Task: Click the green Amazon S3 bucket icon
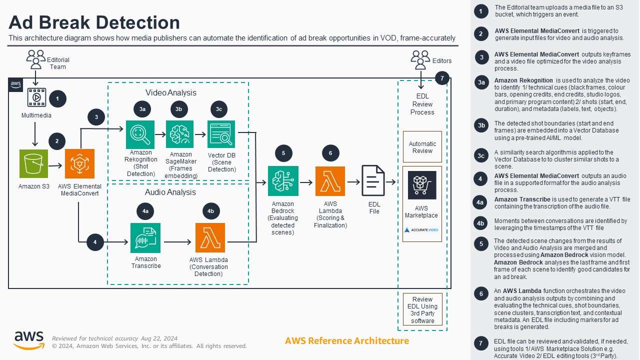(33, 163)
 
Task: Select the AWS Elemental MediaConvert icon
(80, 163)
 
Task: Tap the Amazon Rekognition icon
(140, 134)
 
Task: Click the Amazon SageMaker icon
(180, 134)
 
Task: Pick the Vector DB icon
(221, 134)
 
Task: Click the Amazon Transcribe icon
(145, 237)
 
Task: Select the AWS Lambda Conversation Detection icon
(210, 237)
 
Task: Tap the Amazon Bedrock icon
(283, 181)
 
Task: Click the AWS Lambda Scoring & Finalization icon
(330, 181)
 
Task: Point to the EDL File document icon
(374, 182)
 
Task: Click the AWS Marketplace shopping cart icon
(422, 185)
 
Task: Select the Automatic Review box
(422, 147)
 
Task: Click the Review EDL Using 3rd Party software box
(422, 309)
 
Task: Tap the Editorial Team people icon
(36, 59)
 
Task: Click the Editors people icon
(420, 59)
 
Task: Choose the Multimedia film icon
(36, 98)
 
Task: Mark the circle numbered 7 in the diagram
(442, 78)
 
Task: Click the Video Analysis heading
(171, 92)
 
